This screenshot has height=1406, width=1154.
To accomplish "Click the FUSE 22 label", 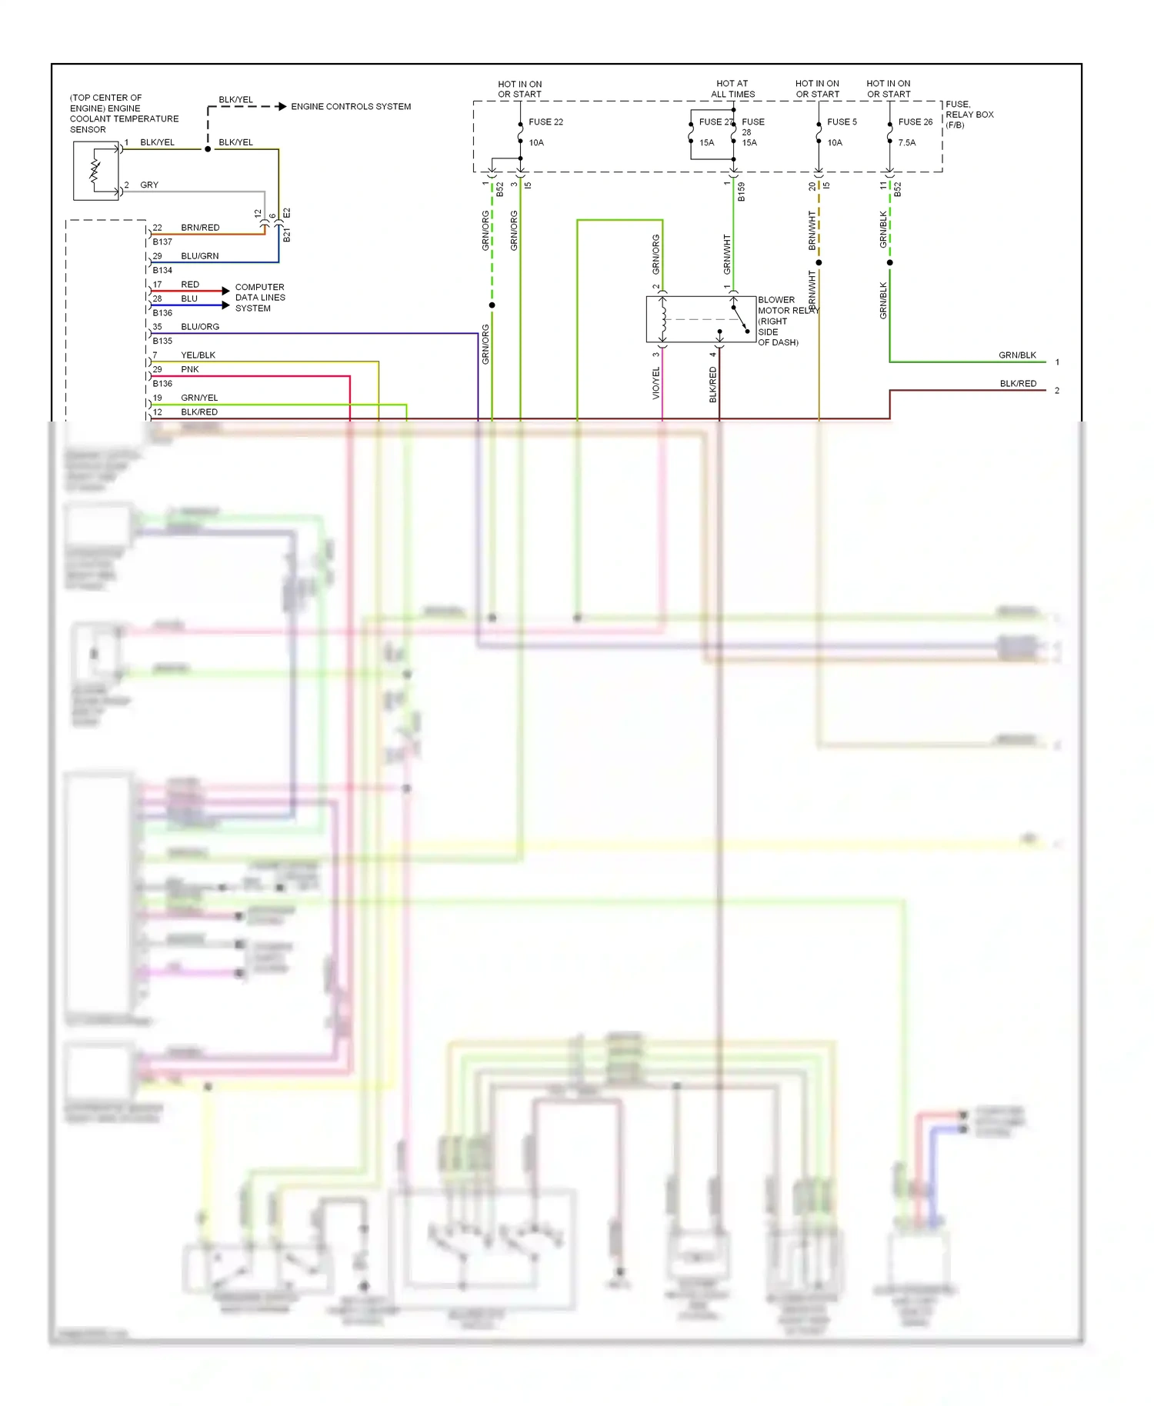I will click(x=545, y=122).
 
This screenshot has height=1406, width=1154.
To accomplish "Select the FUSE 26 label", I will click(x=915, y=122).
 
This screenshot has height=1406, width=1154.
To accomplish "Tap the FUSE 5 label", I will click(x=842, y=122).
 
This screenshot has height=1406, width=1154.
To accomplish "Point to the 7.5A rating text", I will click(x=906, y=142).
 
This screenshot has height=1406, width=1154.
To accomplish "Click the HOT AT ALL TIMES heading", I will click(x=732, y=88).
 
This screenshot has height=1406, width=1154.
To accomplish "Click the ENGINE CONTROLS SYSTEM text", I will click(x=351, y=107).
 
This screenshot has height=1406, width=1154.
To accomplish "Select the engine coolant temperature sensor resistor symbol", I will click(x=95, y=171).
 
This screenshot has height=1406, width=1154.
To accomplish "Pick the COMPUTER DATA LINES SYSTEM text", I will click(x=260, y=298).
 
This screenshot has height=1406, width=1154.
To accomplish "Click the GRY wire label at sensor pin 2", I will click(x=149, y=185).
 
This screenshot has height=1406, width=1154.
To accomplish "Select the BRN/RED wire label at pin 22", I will click(x=200, y=228).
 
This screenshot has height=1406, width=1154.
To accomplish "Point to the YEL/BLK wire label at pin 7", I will click(x=198, y=355).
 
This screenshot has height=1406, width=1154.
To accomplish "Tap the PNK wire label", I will click(x=189, y=369).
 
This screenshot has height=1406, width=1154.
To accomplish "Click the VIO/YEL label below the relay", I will click(x=656, y=382).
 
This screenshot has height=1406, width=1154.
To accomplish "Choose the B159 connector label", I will click(x=742, y=192).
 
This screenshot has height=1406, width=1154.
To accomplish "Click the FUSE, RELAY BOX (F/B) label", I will click(x=969, y=115).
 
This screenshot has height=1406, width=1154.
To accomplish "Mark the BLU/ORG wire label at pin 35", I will click(x=200, y=327).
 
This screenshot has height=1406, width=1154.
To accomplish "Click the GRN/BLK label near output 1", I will click(x=1017, y=355).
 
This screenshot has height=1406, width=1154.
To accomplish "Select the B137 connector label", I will click(x=162, y=242).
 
